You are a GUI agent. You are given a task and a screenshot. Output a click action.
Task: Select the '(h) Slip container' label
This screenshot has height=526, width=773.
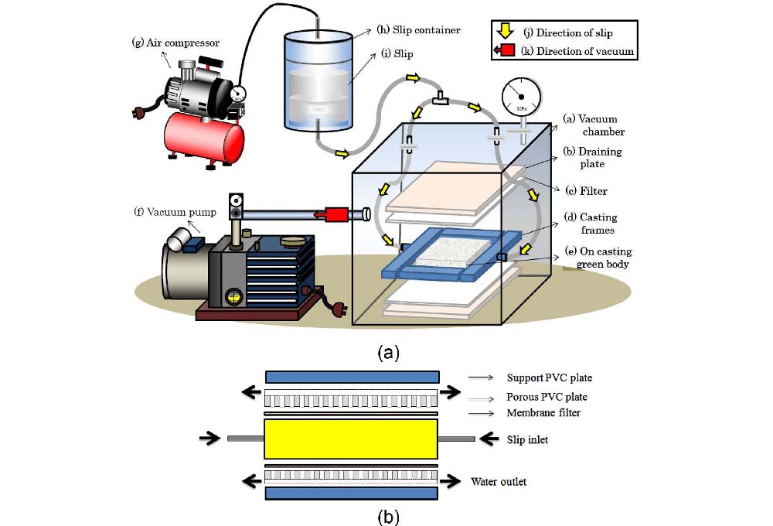418,30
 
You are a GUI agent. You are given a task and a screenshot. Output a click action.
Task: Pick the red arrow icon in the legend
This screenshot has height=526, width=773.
504,52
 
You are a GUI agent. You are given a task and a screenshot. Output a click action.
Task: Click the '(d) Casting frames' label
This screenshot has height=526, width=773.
591,224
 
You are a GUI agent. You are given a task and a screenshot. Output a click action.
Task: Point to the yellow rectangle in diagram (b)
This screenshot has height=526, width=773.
352,439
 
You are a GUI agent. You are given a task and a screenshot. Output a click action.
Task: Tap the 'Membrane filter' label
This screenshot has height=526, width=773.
543,412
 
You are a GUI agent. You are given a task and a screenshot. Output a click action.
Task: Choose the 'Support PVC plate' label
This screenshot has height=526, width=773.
549,377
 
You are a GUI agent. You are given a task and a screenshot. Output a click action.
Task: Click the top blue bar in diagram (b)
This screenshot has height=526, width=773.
352,377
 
